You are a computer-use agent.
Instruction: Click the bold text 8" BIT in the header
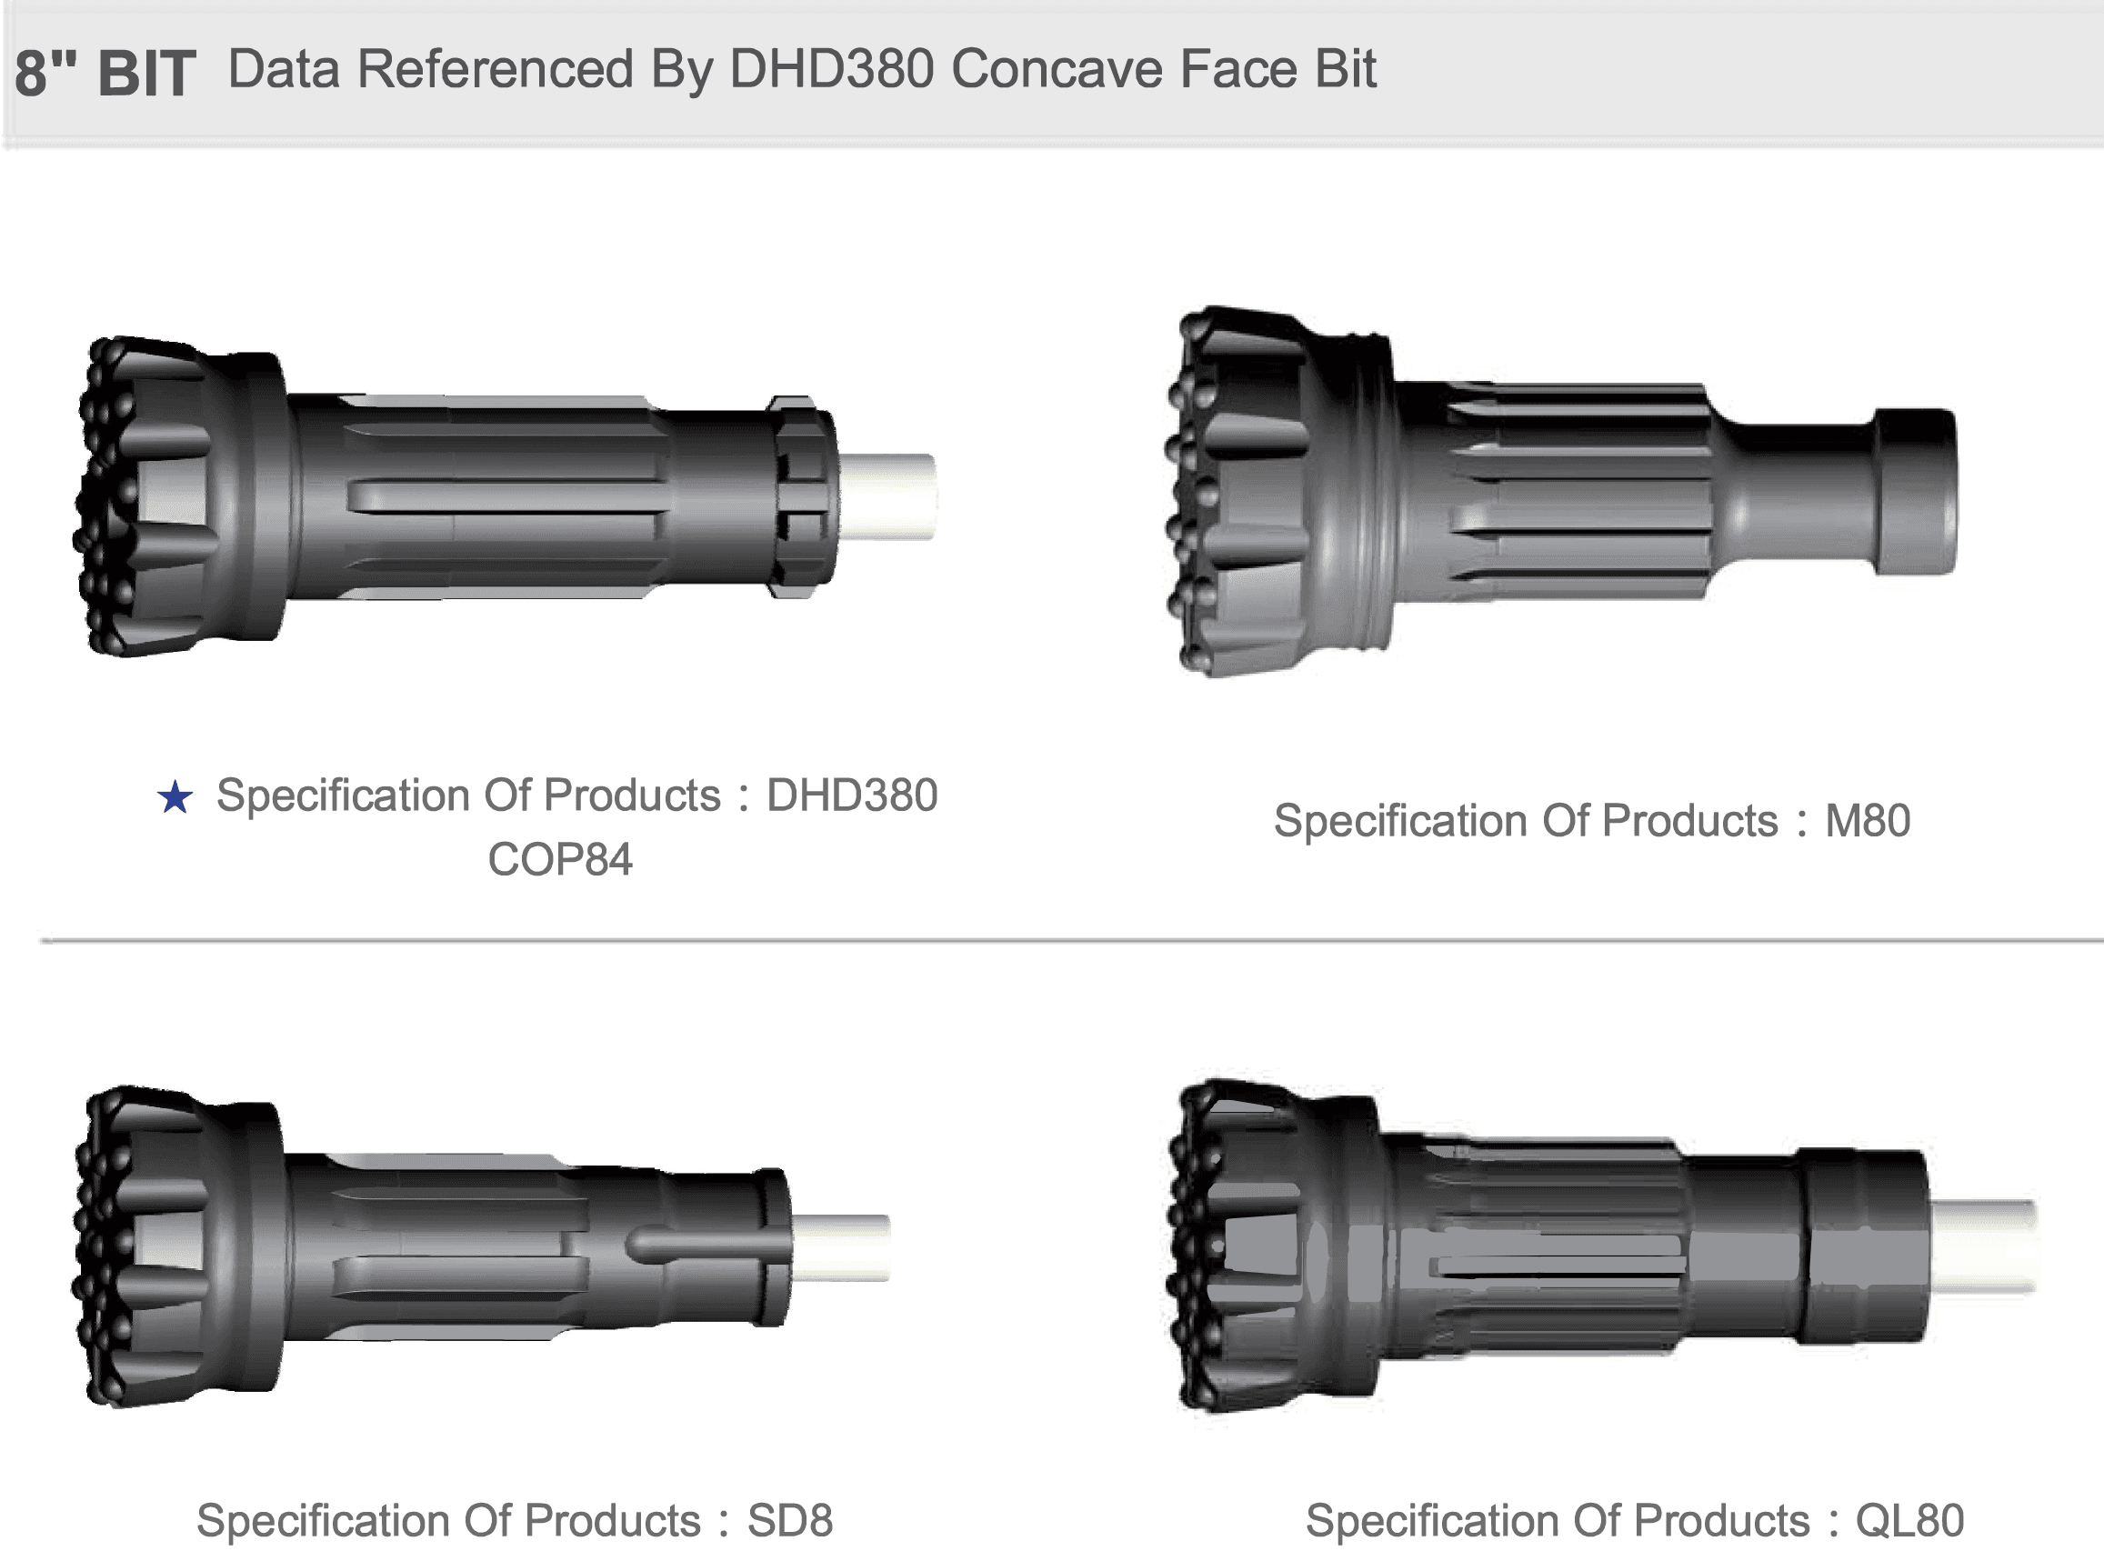[x=105, y=73]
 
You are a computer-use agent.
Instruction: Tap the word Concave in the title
[x=1057, y=69]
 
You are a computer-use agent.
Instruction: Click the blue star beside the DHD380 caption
[x=175, y=797]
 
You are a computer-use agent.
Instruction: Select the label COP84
[x=560, y=860]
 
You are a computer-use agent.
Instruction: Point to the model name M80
[x=1868, y=820]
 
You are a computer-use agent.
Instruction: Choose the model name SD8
[x=790, y=1520]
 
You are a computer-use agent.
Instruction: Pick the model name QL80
[x=1909, y=1521]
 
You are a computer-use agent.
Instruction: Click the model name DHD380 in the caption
[x=851, y=796]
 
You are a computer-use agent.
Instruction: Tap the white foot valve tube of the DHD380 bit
[x=887, y=497]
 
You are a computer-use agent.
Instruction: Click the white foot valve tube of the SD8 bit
[x=841, y=1247]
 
